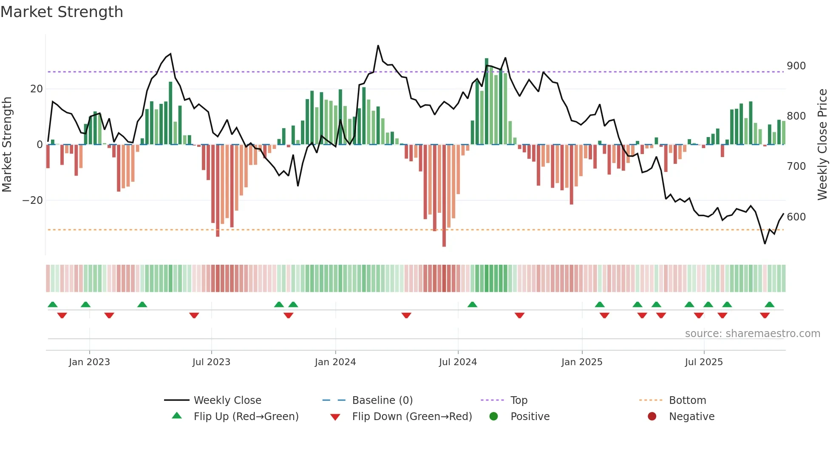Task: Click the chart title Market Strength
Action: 62,12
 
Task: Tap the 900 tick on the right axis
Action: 796,66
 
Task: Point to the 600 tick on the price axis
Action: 796,217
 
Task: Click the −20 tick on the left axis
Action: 33,200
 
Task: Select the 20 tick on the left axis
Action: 37,89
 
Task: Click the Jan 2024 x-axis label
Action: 335,362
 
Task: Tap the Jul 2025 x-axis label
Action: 704,362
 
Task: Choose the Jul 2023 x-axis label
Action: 211,362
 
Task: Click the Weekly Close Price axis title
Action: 822,145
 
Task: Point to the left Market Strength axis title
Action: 7,145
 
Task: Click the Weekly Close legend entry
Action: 227,400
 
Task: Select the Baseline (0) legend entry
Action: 382,400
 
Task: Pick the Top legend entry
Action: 518,400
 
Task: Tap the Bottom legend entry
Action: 687,400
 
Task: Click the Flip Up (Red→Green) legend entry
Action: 246,417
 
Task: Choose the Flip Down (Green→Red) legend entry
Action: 412,417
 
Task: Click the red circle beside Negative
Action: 652,417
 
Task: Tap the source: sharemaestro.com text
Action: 752,334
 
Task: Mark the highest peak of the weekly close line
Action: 378,46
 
